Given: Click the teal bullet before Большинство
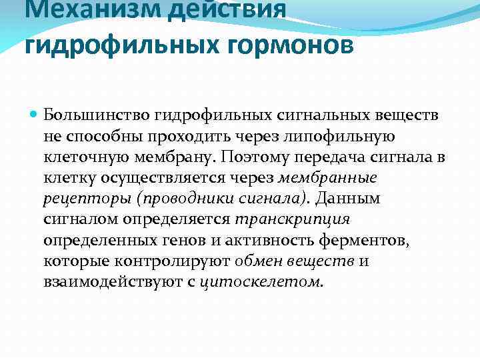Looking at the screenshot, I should [x=33, y=116].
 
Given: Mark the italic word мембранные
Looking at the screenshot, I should [x=327, y=178].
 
